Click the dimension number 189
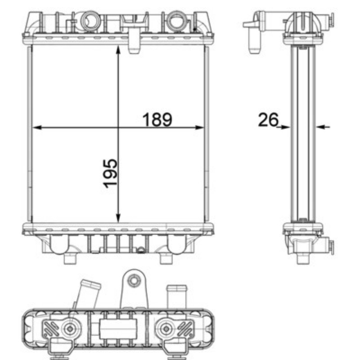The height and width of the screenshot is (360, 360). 157,120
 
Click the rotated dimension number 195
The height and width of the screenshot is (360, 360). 110,173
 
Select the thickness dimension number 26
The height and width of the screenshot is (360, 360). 268,120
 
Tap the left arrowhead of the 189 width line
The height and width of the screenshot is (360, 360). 37,127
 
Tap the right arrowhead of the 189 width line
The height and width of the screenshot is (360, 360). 199,127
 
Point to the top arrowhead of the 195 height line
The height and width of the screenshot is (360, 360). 118,50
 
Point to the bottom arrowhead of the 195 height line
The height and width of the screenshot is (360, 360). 118,218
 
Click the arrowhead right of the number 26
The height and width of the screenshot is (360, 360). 285,127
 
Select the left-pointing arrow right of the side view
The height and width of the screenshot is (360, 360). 323,126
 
